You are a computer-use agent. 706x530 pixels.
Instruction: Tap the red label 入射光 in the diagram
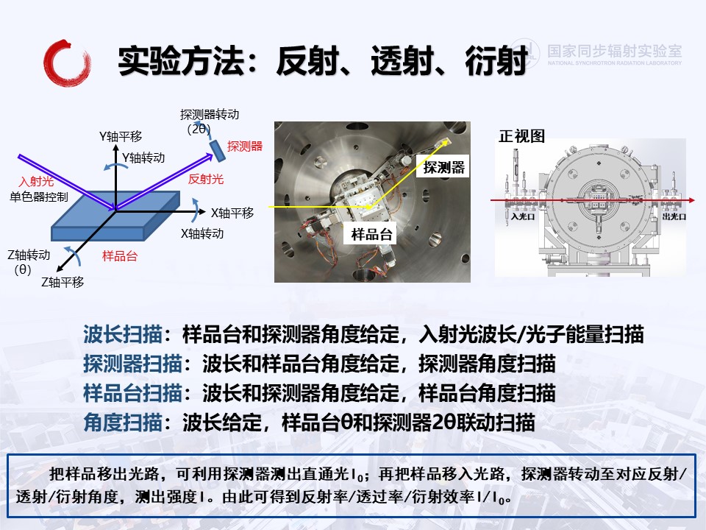(36, 181)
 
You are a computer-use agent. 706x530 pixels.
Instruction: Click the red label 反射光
(206, 179)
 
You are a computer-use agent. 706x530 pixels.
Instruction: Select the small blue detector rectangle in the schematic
(218, 150)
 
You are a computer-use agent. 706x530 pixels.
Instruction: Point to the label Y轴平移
(121, 136)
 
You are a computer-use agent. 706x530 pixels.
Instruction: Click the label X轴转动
(202, 233)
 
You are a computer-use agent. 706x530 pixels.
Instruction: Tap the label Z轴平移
(63, 282)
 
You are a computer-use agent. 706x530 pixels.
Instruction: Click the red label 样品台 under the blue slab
(120, 256)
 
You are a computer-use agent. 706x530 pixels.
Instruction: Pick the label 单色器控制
(39, 197)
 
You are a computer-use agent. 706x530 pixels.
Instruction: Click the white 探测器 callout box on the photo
(443, 167)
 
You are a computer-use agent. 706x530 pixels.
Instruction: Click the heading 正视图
(522, 135)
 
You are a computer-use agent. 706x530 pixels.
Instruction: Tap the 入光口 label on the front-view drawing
(523, 216)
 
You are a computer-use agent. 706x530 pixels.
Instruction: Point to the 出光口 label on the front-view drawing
(674, 216)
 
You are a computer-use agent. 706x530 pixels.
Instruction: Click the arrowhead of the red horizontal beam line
(692, 200)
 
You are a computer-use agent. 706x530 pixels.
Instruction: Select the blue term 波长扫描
(123, 334)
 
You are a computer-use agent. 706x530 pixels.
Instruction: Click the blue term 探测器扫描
(132, 364)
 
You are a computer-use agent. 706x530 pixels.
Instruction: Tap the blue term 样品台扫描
(132, 393)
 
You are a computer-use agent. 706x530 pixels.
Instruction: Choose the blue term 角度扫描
(123, 423)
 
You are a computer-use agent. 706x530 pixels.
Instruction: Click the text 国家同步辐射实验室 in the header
(615, 51)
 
